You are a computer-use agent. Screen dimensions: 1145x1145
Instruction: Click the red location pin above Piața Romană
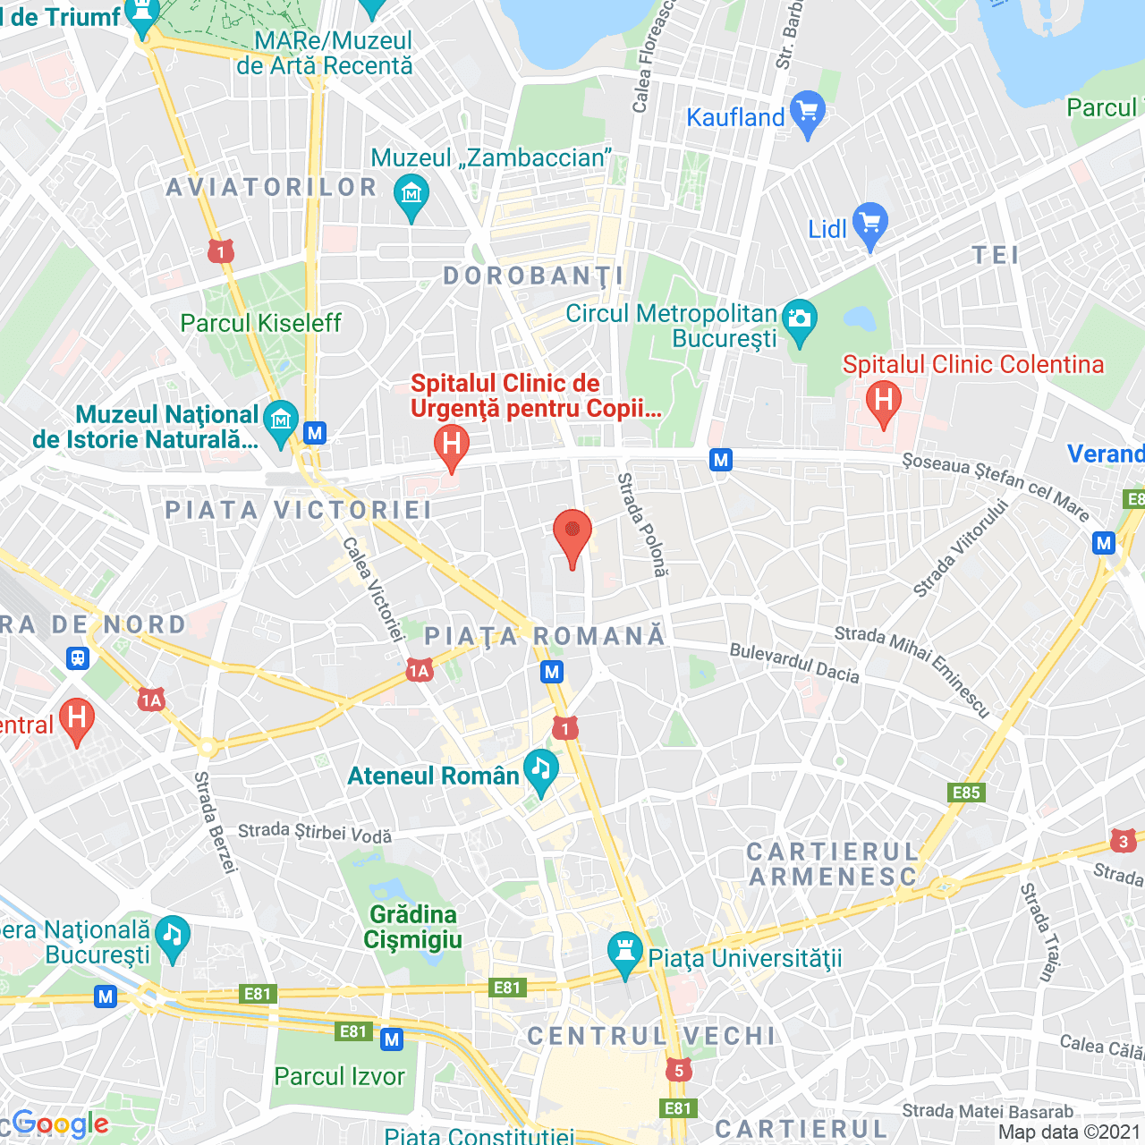(x=572, y=535)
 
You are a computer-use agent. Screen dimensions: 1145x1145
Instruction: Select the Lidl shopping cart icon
(x=870, y=225)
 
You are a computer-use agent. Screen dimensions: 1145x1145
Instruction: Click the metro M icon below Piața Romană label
(x=552, y=672)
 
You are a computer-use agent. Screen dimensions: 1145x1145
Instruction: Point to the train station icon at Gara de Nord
(x=78, y=658)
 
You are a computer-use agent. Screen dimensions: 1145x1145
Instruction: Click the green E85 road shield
(x=966, y=793)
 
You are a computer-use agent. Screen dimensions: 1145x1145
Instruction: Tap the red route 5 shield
(x=679, y=1071)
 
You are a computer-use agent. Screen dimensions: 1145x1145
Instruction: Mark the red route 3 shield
(x=1124, y=841)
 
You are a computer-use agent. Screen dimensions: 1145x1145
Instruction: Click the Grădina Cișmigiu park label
(x=413, y=927)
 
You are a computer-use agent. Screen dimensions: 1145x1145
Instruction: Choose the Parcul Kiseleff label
(x=260, y=323)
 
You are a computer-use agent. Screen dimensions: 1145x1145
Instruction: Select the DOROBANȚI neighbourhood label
(x=534, y=276)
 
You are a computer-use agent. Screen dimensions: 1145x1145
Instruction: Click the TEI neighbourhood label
(x=996, y=256)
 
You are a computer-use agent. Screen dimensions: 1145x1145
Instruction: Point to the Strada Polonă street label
(x=642, y=524)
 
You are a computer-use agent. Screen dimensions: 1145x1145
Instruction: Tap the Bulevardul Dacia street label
(x=794, y=663)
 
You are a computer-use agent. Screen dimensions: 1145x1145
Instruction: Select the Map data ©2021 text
(x=1069, y=1132)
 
